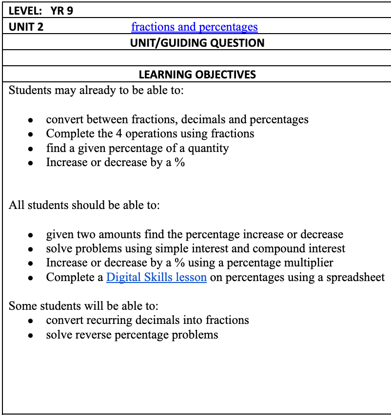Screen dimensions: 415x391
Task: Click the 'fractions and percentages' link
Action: point(194,27)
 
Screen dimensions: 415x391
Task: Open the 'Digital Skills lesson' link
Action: point(156,278)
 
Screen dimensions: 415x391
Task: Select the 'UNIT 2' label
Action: point(26,27)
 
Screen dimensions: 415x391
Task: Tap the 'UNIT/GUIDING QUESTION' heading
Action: point(197,43)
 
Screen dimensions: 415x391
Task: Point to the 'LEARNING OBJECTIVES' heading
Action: point(197,75)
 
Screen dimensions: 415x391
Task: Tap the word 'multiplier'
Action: point(308,263)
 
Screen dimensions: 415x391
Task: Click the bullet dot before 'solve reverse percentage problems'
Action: point(30,336)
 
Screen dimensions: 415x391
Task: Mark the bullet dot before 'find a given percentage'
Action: point(30,149)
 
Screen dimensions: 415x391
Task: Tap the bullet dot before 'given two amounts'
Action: point(30,235)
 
